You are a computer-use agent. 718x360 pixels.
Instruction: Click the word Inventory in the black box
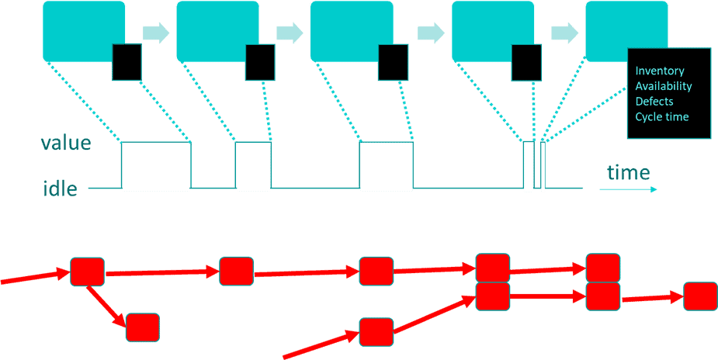coord(660,71)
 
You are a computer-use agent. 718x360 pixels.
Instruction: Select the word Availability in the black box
coord(664,86)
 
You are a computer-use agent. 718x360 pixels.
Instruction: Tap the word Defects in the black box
coord(654,102)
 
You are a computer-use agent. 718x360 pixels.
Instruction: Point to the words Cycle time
coord(662,117)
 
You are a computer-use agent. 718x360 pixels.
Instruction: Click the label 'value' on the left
coord(66,144)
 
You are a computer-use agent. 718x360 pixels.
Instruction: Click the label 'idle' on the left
coord(60,189)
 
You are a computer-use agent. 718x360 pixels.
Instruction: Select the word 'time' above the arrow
coord(628,172)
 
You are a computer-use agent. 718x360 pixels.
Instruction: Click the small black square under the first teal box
coord(127,62)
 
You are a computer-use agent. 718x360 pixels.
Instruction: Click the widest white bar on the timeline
coord(156,166)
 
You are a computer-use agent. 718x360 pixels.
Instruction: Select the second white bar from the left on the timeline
coord(254,166)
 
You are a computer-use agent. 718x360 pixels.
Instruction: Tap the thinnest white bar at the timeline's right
coord(543,166)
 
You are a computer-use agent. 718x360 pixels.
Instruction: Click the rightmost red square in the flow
coord(700,296)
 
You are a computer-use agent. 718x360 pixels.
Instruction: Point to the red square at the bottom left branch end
coord(143,327)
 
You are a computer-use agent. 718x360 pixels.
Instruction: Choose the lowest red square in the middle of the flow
coord(376,331)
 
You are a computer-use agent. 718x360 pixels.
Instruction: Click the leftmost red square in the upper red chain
coord(88,272)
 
